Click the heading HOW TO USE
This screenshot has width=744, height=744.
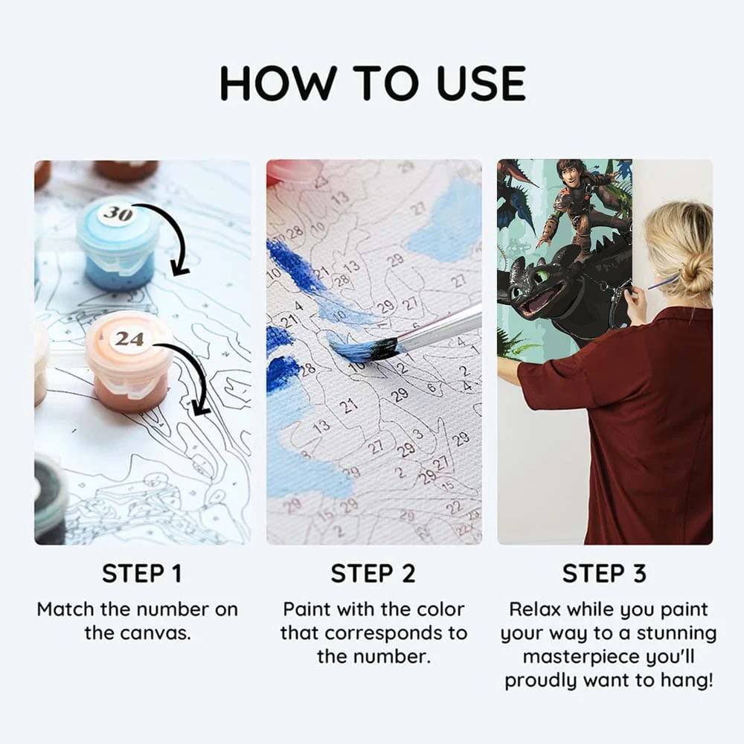point(373,83)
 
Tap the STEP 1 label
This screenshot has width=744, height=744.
point(142,573)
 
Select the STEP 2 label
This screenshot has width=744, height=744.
point(373,573)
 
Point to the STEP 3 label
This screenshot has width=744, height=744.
point(604,573)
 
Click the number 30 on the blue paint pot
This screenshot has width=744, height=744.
point(118,214)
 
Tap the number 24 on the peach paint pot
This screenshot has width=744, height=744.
point(129,339)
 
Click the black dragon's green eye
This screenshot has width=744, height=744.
point(539,277)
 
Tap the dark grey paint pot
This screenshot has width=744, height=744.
point(49,498)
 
